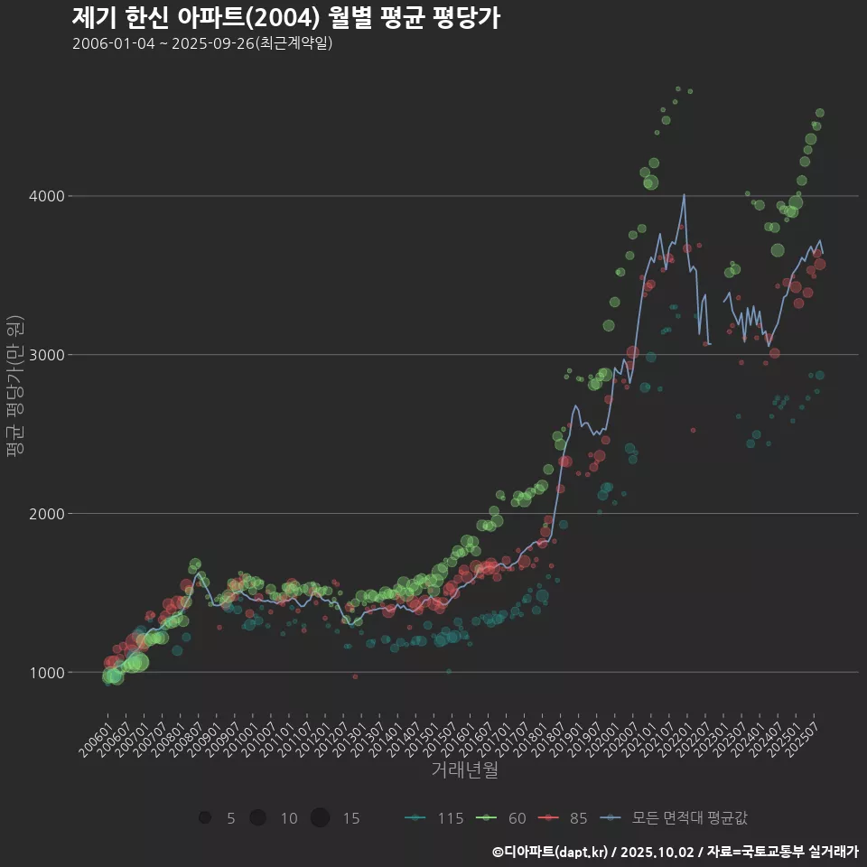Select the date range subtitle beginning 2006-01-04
tap(202, 43)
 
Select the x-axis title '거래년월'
tap(464, 769)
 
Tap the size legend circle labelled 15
tap(320, 818)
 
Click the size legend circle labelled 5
tap(205, 818)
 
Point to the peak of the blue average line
tap(684, 194)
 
